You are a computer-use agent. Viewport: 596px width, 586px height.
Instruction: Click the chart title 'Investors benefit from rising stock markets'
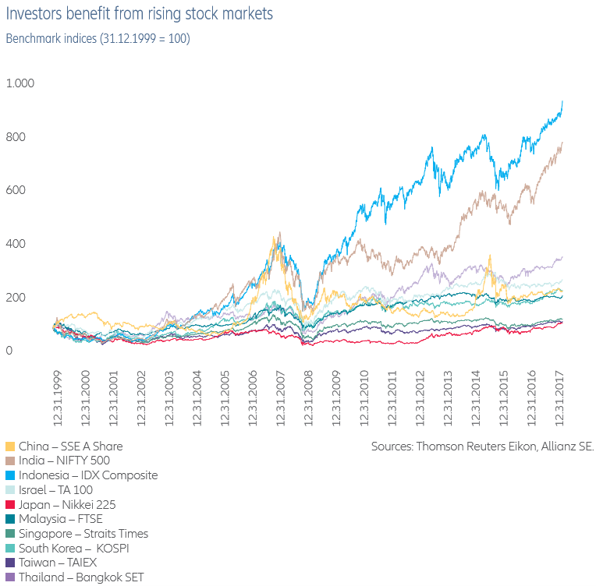(140, 14)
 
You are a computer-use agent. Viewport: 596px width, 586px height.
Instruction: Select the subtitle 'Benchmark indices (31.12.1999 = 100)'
(98, 38)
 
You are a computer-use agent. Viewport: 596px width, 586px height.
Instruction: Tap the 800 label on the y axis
(16, 137)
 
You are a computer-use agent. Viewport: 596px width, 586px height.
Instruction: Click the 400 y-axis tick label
(16, 244)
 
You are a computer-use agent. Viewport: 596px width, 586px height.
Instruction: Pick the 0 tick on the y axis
(9, 351)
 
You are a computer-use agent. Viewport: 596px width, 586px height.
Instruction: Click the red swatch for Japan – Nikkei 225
(10, 504)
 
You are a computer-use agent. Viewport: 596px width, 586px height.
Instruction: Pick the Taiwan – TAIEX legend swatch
(10, 562)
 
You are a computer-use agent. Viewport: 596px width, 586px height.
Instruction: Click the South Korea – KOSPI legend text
(74, 548)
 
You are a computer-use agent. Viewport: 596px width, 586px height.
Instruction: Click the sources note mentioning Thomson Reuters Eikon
(482, 447)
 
